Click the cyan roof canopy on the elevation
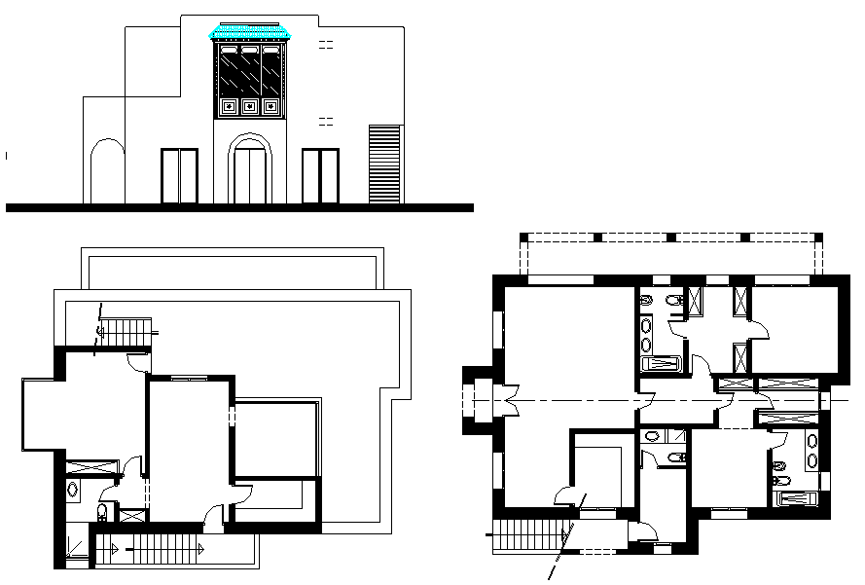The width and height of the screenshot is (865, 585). tap(251, 35)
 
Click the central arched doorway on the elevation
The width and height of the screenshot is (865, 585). tap(249, 172)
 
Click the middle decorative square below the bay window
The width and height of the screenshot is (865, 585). tap(249, 106)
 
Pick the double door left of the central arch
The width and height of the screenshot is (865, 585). tap(179, 176)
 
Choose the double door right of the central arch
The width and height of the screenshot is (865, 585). tap(320, 176)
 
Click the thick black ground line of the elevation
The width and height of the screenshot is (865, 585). tap(238, 208)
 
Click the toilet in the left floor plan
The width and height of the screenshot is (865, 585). tap(103, 512)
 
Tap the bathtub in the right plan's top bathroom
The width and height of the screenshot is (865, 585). tap(665, 365)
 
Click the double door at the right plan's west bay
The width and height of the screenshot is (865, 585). tap(506, 400)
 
